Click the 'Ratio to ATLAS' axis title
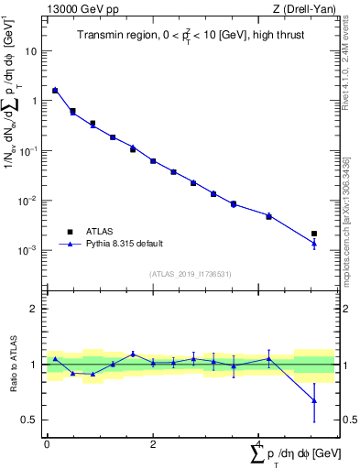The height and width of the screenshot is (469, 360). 13,365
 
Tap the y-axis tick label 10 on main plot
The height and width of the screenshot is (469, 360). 31,52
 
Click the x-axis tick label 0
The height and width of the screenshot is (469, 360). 47,444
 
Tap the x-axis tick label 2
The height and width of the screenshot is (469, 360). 153,444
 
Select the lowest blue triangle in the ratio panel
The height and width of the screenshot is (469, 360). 314,400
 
